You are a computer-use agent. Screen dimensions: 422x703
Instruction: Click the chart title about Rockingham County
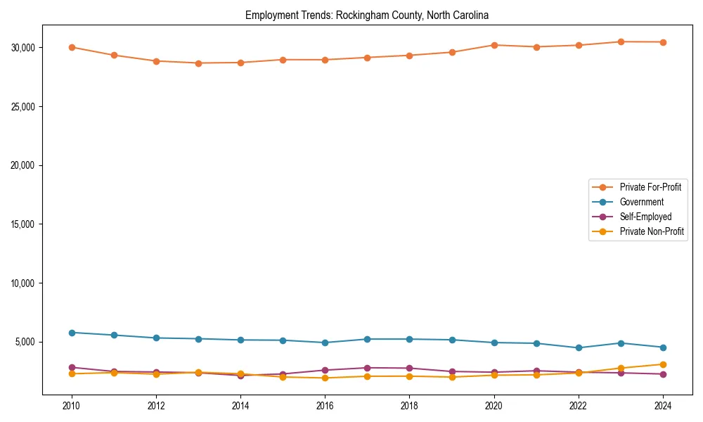(x=366, y=15)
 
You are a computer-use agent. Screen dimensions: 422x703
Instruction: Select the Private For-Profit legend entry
(x=650, y=187)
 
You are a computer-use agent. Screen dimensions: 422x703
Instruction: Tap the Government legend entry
(x=641, y=202)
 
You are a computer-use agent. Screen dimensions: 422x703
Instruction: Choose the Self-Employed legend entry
(x=645, y=217)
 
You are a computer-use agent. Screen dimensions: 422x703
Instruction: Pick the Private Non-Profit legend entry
(x=652, y=231)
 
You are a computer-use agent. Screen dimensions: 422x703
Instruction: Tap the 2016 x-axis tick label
(x=325, y=406)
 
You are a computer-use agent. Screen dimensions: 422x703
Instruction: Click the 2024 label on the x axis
(x=663, y=406)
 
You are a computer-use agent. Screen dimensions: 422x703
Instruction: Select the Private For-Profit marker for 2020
(x=494, y=45)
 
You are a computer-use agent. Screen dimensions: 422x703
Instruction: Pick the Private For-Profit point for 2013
(x=198, y=63)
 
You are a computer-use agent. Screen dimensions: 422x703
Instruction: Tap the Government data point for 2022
(x=579, y=347)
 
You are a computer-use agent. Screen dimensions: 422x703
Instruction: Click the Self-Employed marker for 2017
(x=367, y=368)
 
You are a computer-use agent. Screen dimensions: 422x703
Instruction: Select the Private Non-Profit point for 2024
(x=663, y=364)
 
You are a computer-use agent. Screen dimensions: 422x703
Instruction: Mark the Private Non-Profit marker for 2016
(x=325, y=378)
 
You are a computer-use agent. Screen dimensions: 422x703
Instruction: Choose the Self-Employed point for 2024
(x=663, y=374)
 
